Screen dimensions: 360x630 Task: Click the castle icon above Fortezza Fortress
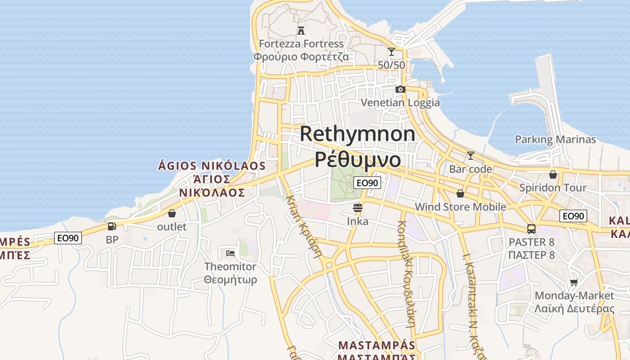click(301, 31)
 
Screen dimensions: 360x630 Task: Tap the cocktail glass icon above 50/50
click(391, 52)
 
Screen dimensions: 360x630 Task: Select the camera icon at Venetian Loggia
click(400, 89)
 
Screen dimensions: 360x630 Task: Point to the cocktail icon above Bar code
click(471, 156)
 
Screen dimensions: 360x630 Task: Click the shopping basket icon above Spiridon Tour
click(553, 175)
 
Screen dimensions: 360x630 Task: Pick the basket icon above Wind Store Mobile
click(460, 193)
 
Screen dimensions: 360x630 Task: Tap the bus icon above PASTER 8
click(531, 229)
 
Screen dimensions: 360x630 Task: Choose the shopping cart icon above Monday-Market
click(574, 283)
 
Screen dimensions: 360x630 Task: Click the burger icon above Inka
click(358, 208)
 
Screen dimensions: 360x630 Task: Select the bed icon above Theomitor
click(230, 253)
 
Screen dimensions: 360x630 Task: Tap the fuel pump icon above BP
click(112, 226)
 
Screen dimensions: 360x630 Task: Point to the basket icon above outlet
click(171, 213)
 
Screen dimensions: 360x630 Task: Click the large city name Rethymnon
click(358, 134)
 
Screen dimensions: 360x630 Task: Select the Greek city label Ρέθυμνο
click(358, 159)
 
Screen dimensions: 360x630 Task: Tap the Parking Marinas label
click(555, 139)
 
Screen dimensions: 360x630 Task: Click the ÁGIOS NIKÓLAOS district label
click(212, 166)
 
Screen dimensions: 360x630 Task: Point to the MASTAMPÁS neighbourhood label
click(377, 345)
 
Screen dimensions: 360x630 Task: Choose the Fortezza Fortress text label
click(301, 44)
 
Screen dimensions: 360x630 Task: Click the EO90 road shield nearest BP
click(68, 238)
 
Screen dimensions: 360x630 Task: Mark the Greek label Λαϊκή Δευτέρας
click(574, 309)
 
